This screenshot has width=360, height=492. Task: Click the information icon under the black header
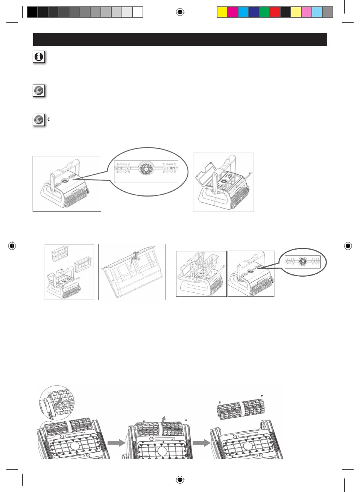[x=39, y=57]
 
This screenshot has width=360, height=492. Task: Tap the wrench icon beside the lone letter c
[x=39, y=120]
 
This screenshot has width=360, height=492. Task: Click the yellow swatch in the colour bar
[x=222, y=12]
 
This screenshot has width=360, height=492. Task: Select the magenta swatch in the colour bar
[x=233, y=12]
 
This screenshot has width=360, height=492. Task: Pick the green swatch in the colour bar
[x=264, y=12]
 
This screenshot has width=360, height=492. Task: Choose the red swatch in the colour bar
[x=275, y=12]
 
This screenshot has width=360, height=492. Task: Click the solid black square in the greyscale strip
[x=32, y=12]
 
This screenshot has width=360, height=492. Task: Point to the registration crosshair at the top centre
[x=180, y=12]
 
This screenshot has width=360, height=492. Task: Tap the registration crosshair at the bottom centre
[x=180, y=479]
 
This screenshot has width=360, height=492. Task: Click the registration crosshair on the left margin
[x=12, y=246]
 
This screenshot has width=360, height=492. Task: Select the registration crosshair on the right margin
[x=348, y=246]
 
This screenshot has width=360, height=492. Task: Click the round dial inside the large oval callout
[x=145, y=169]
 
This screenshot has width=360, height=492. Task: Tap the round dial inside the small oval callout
[x=302, y=260]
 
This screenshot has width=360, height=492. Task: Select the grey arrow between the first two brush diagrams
[x=116, y=443]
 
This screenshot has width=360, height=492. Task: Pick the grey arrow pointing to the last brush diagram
[x=202, y=443]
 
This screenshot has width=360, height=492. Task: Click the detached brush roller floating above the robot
[x=241, y=407]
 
